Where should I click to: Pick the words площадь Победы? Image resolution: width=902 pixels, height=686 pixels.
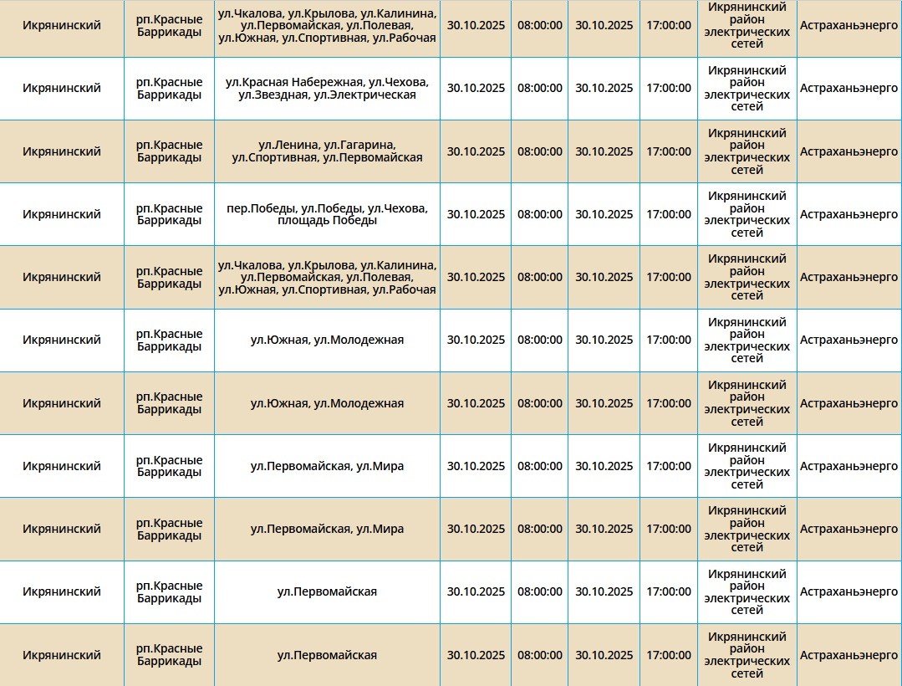[x=327, y=221]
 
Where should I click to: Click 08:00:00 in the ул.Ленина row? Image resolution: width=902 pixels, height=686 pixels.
[x=540, y=151]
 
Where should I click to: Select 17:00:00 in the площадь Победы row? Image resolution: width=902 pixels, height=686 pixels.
[x=669, y=214]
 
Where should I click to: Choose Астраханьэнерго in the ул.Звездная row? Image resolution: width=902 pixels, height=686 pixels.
[x=848, y=88]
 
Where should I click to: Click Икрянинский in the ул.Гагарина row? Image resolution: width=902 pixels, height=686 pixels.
[x=61, y=151]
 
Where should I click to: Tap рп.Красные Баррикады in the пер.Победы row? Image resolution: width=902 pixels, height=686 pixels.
[x=170, y=214]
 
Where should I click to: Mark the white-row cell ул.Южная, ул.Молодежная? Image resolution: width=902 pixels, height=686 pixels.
[x=327, y=340]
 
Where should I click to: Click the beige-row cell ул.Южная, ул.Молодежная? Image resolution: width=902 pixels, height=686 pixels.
[x=327, y=403]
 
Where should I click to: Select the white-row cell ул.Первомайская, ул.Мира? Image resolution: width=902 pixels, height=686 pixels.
[x=327, y=466]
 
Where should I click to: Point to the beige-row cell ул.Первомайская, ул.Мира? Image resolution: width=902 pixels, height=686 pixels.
[x=327, y=529]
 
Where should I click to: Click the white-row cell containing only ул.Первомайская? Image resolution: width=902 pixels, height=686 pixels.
[x=327, y=591]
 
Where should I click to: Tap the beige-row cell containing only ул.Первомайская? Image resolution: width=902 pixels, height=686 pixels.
[x=327, y=655]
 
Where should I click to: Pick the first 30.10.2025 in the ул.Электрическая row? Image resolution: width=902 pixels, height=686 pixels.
[x=476, y=88]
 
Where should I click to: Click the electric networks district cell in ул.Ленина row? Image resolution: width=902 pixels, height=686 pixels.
[x=747, y=151]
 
